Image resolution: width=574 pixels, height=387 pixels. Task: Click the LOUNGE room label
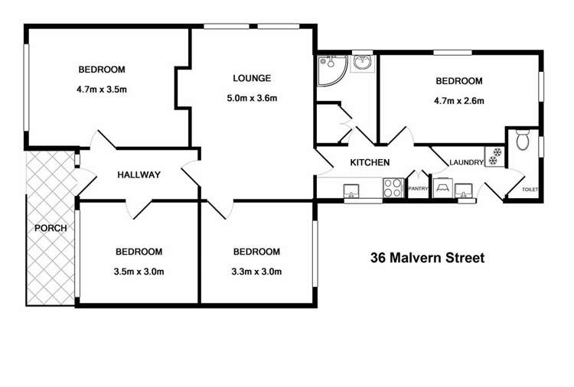point(252,78)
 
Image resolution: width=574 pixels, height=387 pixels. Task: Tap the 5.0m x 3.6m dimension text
point(252,98)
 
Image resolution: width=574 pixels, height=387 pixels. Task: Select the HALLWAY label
point(139,174)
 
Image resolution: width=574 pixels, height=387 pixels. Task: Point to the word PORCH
point(51,227)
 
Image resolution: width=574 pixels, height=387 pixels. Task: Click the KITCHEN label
point(370,162)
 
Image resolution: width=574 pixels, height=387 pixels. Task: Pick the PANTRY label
point(418,187)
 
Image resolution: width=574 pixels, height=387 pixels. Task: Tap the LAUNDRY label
point(465,162)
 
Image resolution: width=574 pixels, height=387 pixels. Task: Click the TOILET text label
point(530,189)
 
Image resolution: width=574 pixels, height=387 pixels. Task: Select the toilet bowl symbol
point(523,141)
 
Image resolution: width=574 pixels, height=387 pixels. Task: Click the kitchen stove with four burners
point(393,188)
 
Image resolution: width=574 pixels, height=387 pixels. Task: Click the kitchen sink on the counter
point(352,190)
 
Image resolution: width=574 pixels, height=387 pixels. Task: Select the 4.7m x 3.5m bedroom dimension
point(101,89)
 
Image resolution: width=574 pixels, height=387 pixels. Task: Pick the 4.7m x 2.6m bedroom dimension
point(458,100)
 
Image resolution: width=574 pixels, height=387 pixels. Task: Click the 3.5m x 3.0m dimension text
point(139,271)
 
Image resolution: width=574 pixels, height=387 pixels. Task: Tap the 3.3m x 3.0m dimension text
point(256,271)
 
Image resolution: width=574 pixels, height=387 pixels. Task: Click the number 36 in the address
point(377,258)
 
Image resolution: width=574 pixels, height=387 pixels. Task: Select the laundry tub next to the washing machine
point(464,189)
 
